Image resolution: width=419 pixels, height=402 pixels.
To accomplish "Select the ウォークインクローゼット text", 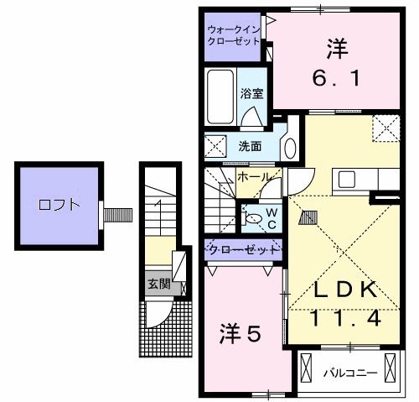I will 235,35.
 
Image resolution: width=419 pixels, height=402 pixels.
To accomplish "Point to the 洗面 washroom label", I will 250,146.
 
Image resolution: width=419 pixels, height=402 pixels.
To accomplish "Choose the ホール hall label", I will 253,178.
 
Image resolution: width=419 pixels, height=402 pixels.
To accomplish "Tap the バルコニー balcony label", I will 352,370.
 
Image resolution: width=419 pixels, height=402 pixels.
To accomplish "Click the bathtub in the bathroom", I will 221,97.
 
